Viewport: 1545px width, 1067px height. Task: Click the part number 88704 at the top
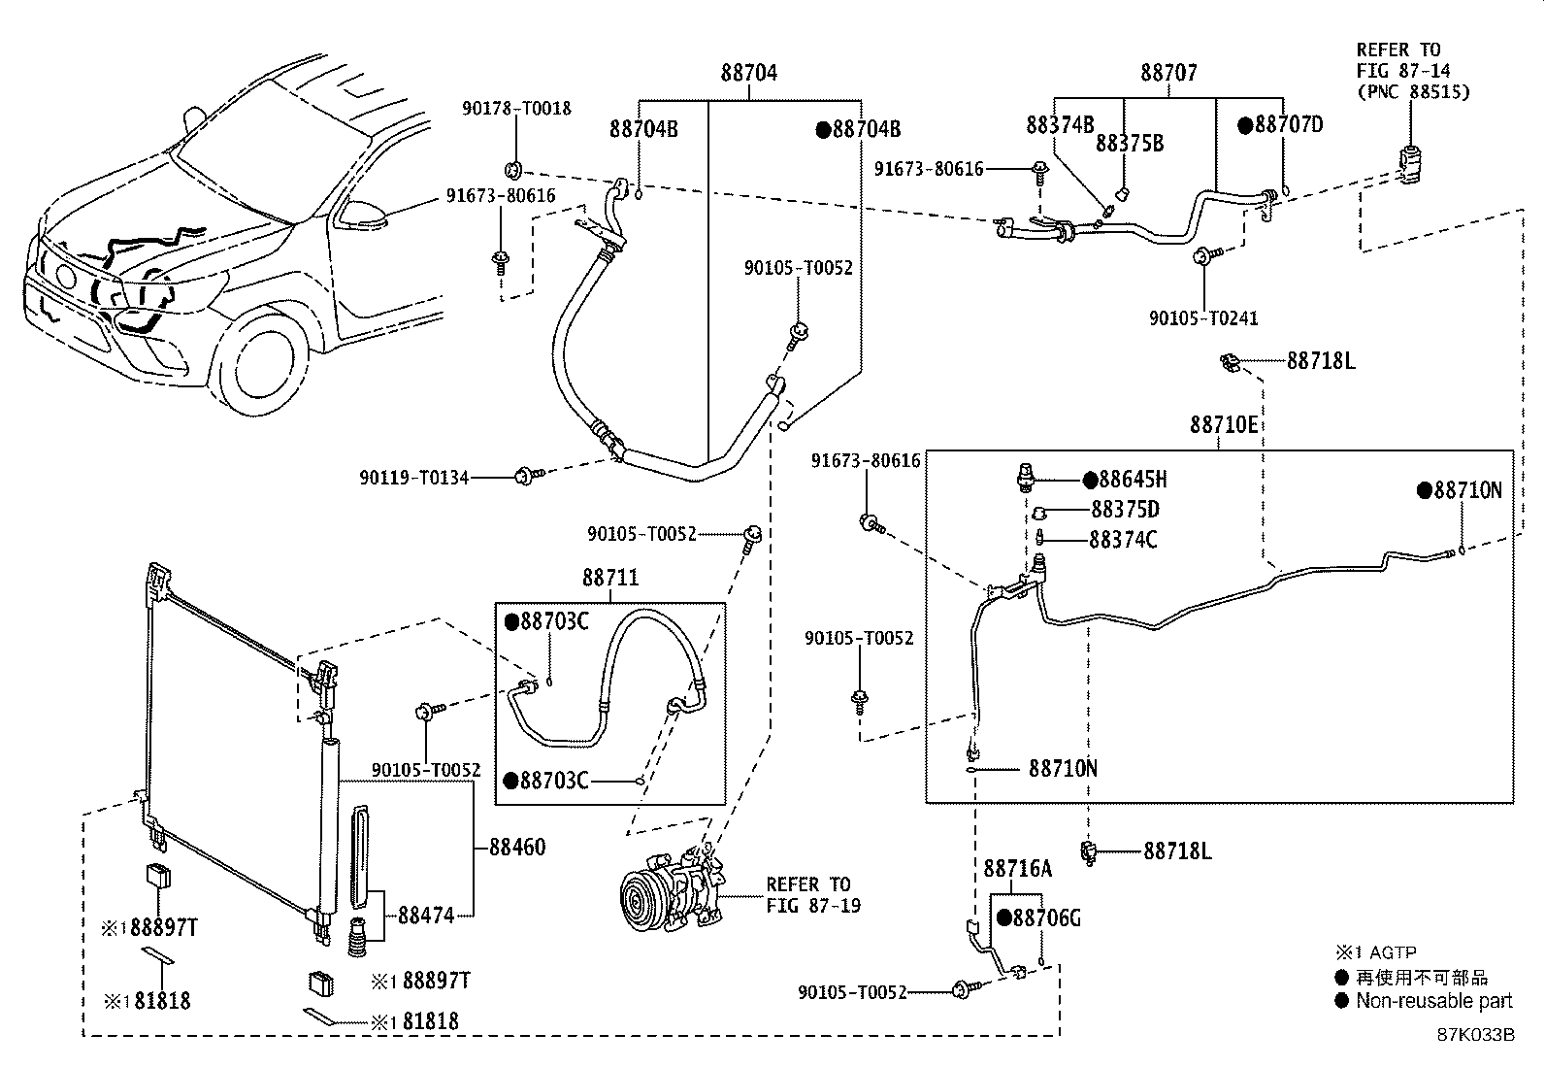748,73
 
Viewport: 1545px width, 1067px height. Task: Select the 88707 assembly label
1168,73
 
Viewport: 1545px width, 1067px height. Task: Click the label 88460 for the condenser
517,848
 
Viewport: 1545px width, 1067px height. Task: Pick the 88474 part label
426,915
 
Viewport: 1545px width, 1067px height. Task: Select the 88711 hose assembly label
610,578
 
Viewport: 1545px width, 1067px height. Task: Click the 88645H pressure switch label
1132,480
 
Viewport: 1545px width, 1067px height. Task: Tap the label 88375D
1125,510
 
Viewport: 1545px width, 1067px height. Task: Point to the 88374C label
1123,540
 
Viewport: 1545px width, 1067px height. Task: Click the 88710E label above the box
1224,425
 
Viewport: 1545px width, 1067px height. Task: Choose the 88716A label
1018,868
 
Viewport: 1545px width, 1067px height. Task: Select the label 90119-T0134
414,477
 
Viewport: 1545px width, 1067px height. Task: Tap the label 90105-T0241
1203,318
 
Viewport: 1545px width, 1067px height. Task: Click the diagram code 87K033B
1475,1034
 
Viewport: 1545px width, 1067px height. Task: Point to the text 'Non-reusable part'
1434,1001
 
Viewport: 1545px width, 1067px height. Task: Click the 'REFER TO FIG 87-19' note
808,895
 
